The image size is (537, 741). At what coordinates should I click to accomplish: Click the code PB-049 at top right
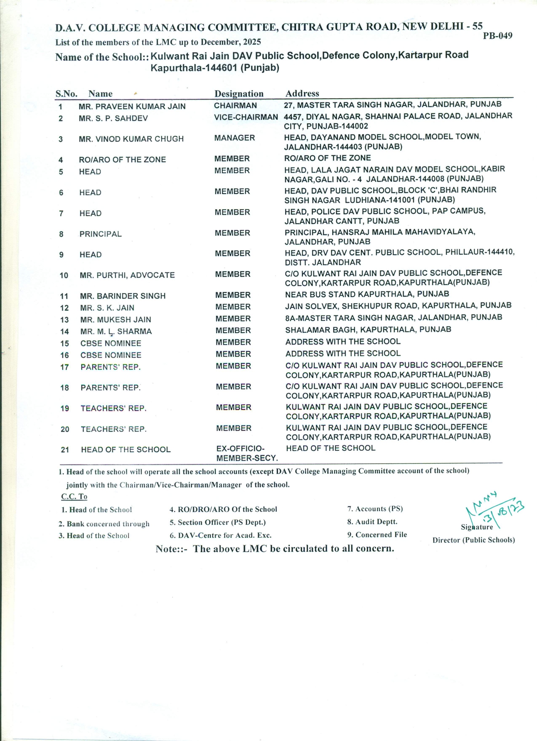(497, 36)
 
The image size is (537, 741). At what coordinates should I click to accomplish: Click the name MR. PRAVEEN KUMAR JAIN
(132, 106)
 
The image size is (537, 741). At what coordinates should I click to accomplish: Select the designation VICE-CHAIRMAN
(246, 117)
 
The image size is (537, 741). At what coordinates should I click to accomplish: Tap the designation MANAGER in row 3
(234, 138)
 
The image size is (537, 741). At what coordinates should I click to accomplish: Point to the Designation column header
(239, 94)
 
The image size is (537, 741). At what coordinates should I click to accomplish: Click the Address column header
(302, 93)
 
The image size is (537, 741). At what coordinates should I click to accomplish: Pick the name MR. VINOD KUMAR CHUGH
(131, 139)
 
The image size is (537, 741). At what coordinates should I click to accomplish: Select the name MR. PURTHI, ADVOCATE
(127, 275)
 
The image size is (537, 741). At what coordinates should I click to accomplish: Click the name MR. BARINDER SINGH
(123, 296)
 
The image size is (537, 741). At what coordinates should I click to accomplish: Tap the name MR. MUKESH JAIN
(115, 320)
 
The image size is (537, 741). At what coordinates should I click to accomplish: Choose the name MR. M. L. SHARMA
(116, 331)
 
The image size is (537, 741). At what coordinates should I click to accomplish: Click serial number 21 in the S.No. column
(65, 450)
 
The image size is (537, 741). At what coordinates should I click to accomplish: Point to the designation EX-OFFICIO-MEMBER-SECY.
(247, 453)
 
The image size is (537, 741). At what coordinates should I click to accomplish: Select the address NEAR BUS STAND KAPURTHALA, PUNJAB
(367, 294)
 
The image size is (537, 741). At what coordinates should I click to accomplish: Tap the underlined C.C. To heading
(74, 496)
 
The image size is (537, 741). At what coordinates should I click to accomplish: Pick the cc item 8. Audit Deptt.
(372, 522)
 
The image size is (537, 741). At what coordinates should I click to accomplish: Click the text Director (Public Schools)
(473, 540)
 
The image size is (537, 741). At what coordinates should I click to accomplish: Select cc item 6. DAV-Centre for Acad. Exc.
(220, 535)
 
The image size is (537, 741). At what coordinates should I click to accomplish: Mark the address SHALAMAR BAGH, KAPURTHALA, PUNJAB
(368, 329)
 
